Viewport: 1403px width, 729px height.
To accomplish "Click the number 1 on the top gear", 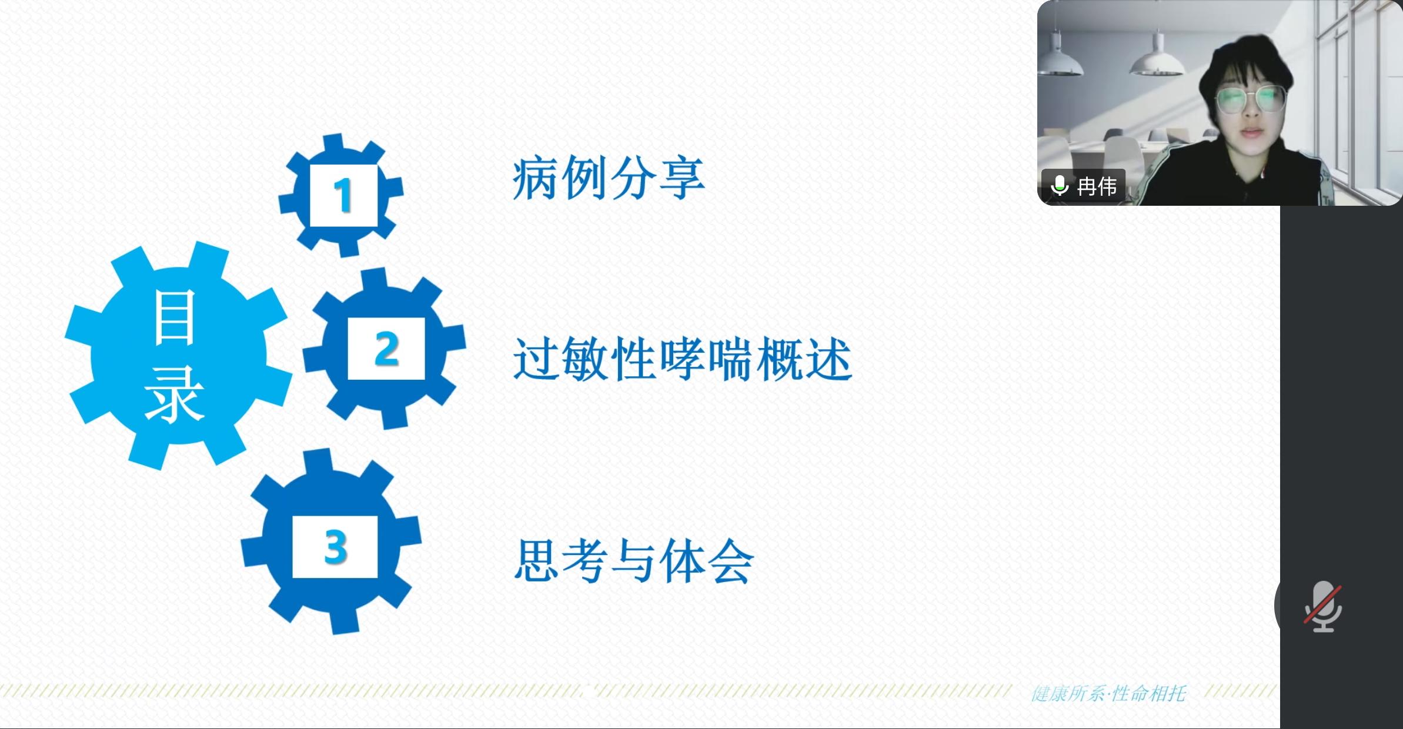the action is coord(343,195).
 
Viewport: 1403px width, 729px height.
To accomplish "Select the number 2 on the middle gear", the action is coord(386,349).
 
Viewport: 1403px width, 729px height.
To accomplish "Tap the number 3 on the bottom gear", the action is coord(336,547).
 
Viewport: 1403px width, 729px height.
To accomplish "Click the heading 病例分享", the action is coord(609,178).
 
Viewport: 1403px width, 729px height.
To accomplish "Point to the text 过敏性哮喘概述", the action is coord(683,359).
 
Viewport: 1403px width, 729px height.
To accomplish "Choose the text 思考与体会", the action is coord(634,561).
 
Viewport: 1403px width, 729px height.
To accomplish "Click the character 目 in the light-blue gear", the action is coord(174,317).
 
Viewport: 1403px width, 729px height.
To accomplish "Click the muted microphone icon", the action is coord(1323,607).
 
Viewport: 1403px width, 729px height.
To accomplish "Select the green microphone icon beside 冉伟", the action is coord(1060,186).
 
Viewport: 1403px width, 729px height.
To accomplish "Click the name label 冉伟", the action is coord(1097,186).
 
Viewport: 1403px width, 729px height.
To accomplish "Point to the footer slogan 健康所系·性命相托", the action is coord(1108,694).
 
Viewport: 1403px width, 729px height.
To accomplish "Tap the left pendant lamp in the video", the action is coord(1060,61).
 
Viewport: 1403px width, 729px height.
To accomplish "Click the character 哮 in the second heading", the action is coord(682,359).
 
